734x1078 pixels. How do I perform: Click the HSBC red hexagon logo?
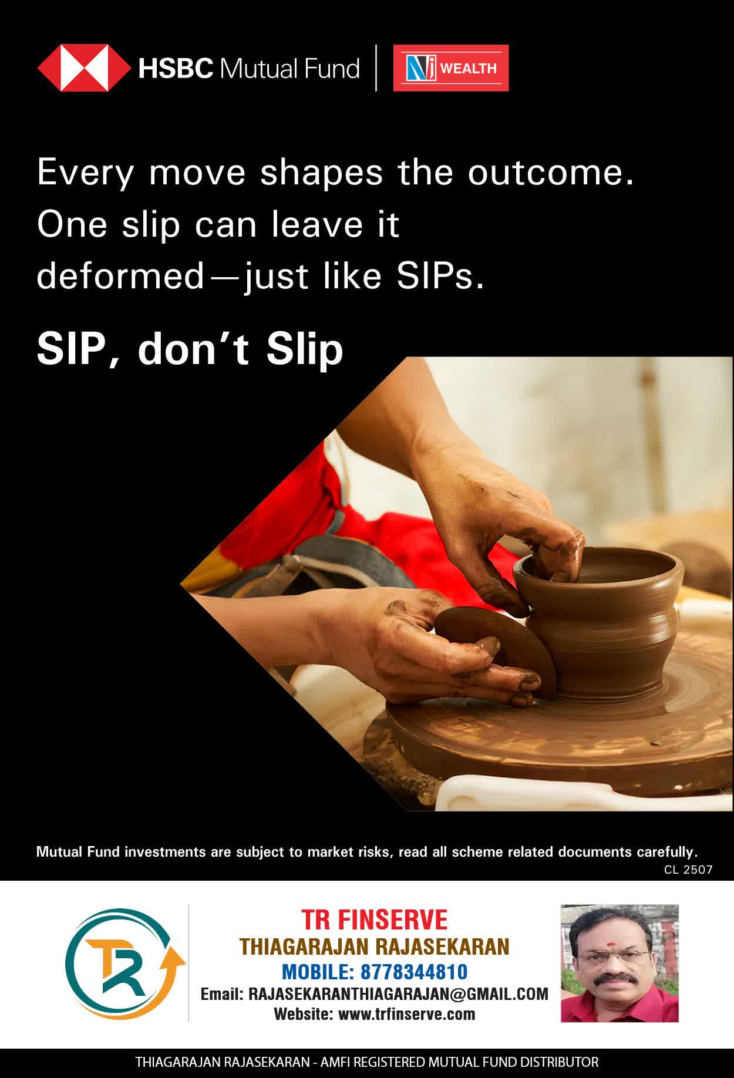(84, 68)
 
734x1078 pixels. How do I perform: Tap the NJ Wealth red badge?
(451, 68)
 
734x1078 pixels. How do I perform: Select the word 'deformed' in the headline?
(120, 276)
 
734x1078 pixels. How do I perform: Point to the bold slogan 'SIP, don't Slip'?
(190, 349)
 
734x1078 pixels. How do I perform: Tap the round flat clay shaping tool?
(496, 652)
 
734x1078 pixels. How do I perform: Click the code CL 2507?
(688, 870)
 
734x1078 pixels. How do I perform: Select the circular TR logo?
(124, 964)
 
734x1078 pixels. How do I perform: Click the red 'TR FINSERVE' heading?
(374, 919)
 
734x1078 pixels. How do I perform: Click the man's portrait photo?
(619, 964)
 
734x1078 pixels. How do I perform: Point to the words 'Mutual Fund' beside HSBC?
(289, 69)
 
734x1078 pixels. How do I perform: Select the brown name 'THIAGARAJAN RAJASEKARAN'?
(374, 946)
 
